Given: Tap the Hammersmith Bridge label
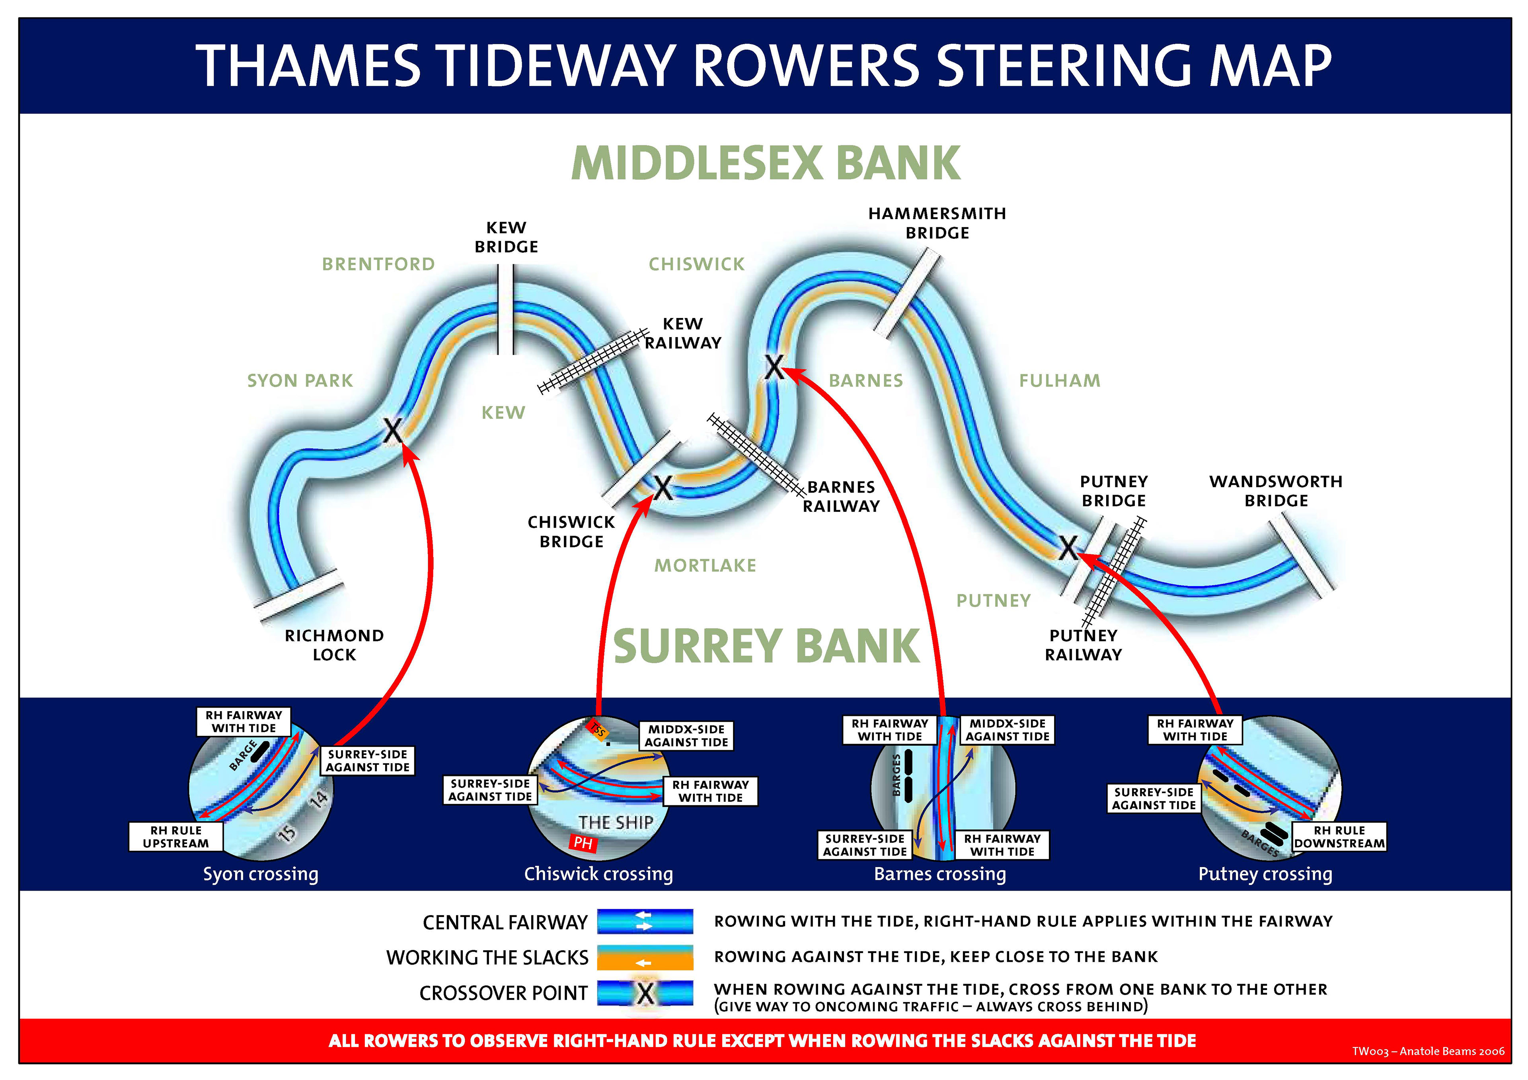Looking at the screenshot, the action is tap(937, 223).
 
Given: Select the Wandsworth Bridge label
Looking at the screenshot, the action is tap(1276, 491).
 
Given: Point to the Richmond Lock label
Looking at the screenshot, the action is tap(334, 645).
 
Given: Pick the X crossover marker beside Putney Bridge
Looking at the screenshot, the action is tap(1068, 548).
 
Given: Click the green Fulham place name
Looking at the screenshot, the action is tap(1060, 381).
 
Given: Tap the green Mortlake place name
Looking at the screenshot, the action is tap(706, 565).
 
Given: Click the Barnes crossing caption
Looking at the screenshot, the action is tap(940, 874).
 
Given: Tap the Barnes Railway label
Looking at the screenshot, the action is tap(841, 496).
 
